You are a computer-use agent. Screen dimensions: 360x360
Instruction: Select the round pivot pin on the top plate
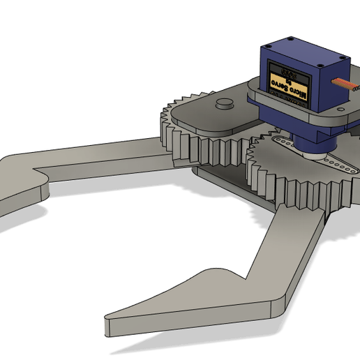(x=224, y=105)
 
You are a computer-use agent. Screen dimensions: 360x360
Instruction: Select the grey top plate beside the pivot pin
(x=202, y=115)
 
